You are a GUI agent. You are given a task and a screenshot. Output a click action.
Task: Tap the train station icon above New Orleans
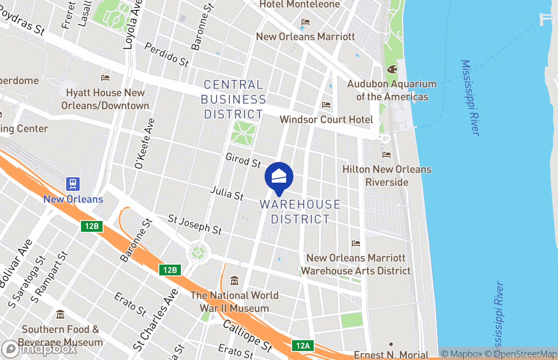click(73, 184)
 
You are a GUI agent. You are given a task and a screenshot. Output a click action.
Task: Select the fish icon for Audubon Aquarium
click(392, 70)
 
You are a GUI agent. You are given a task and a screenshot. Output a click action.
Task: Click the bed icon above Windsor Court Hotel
click(326, 105)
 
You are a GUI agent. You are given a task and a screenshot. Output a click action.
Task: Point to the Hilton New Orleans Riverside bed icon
click(387, 155)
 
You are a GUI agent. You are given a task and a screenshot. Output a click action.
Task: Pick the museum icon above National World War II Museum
click(234, 281)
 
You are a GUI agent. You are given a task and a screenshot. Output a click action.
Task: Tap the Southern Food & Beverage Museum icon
click(60, 314)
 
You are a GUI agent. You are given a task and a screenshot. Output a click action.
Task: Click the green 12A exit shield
click(302, 346)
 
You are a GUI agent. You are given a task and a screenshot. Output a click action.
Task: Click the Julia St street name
click(227, 194)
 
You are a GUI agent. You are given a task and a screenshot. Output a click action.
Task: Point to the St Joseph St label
click(195, 224)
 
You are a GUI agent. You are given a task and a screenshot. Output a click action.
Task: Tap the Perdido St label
click(167, 55)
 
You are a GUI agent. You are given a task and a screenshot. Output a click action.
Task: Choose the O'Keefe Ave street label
click(144, 144)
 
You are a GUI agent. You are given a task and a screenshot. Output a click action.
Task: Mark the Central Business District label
click(233, 99)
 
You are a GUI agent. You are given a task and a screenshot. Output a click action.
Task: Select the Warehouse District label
click(300, 211)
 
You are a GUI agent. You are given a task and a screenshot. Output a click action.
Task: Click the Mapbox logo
click(40, 349)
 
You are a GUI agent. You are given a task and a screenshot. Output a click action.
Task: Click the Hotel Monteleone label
click(300, 4)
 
